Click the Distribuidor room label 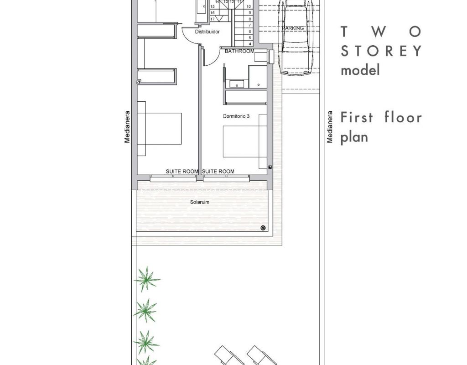click(x=208, y=31)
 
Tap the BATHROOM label click(x=239, y=51)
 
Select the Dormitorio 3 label click(x=236, y=116)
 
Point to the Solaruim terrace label click(x=200, y=202)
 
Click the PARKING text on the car click(x=293, y=28)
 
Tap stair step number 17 click(x=213, y=19)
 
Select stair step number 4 click(x=250, y=44)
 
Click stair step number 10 click(x=249, y=6)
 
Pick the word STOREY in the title click(x=381, y=51)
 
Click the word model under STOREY click(x=360, y=70)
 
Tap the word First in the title click(x=357, y=117)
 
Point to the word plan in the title click(x=354, y=137)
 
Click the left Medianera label click(x=127, y=127)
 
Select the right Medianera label click(x=329, y=127)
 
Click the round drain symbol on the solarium click(x=263, y=228)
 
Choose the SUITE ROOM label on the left click(x=182, y=172)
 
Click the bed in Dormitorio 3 click(x=245, y=141)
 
